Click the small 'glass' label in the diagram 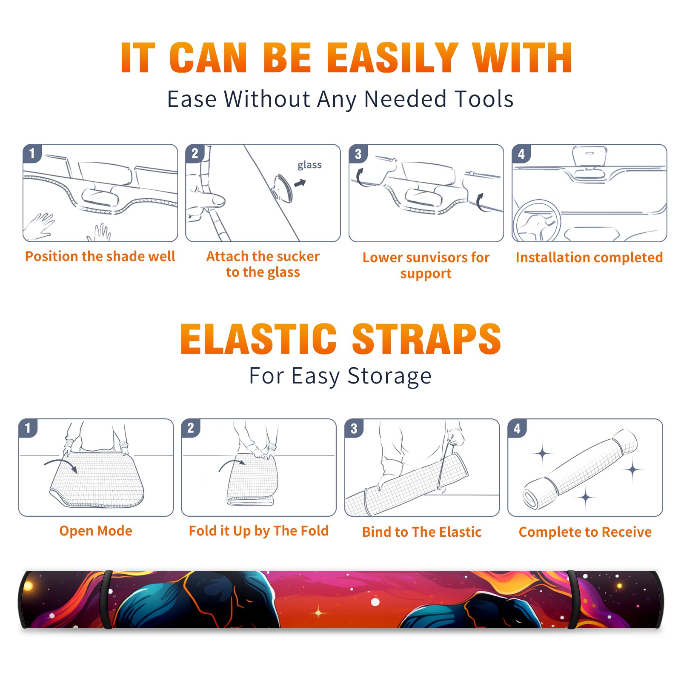pos(309,165)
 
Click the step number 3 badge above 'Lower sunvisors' pos(358,154)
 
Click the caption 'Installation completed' pos(589,257)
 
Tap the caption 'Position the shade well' pos(100,256)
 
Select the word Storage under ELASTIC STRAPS pos(389,376)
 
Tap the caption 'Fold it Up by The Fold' pos(259,531)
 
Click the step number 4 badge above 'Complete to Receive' pos(517,428)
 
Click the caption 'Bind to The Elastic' pos(422,532)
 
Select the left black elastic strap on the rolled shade pos(107,599)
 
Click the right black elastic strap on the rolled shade pos(572,599)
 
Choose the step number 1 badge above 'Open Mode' pos(28,428)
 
